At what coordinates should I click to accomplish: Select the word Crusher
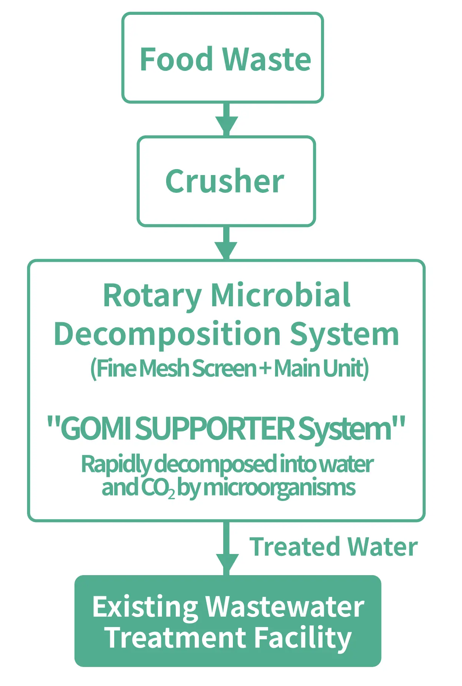(225, 181)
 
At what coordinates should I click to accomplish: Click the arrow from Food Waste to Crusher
(227, 119)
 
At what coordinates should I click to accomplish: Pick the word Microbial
(280, 295)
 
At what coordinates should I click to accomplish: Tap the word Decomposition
(167, 334)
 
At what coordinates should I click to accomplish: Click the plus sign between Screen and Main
(265, 369)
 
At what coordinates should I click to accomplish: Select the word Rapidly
(116, 465)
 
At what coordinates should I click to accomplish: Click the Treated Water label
(333, 547)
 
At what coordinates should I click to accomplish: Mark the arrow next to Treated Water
(227, 549)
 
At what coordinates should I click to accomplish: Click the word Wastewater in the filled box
(285, 607)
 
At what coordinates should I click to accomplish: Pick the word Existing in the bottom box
(145, 607)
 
